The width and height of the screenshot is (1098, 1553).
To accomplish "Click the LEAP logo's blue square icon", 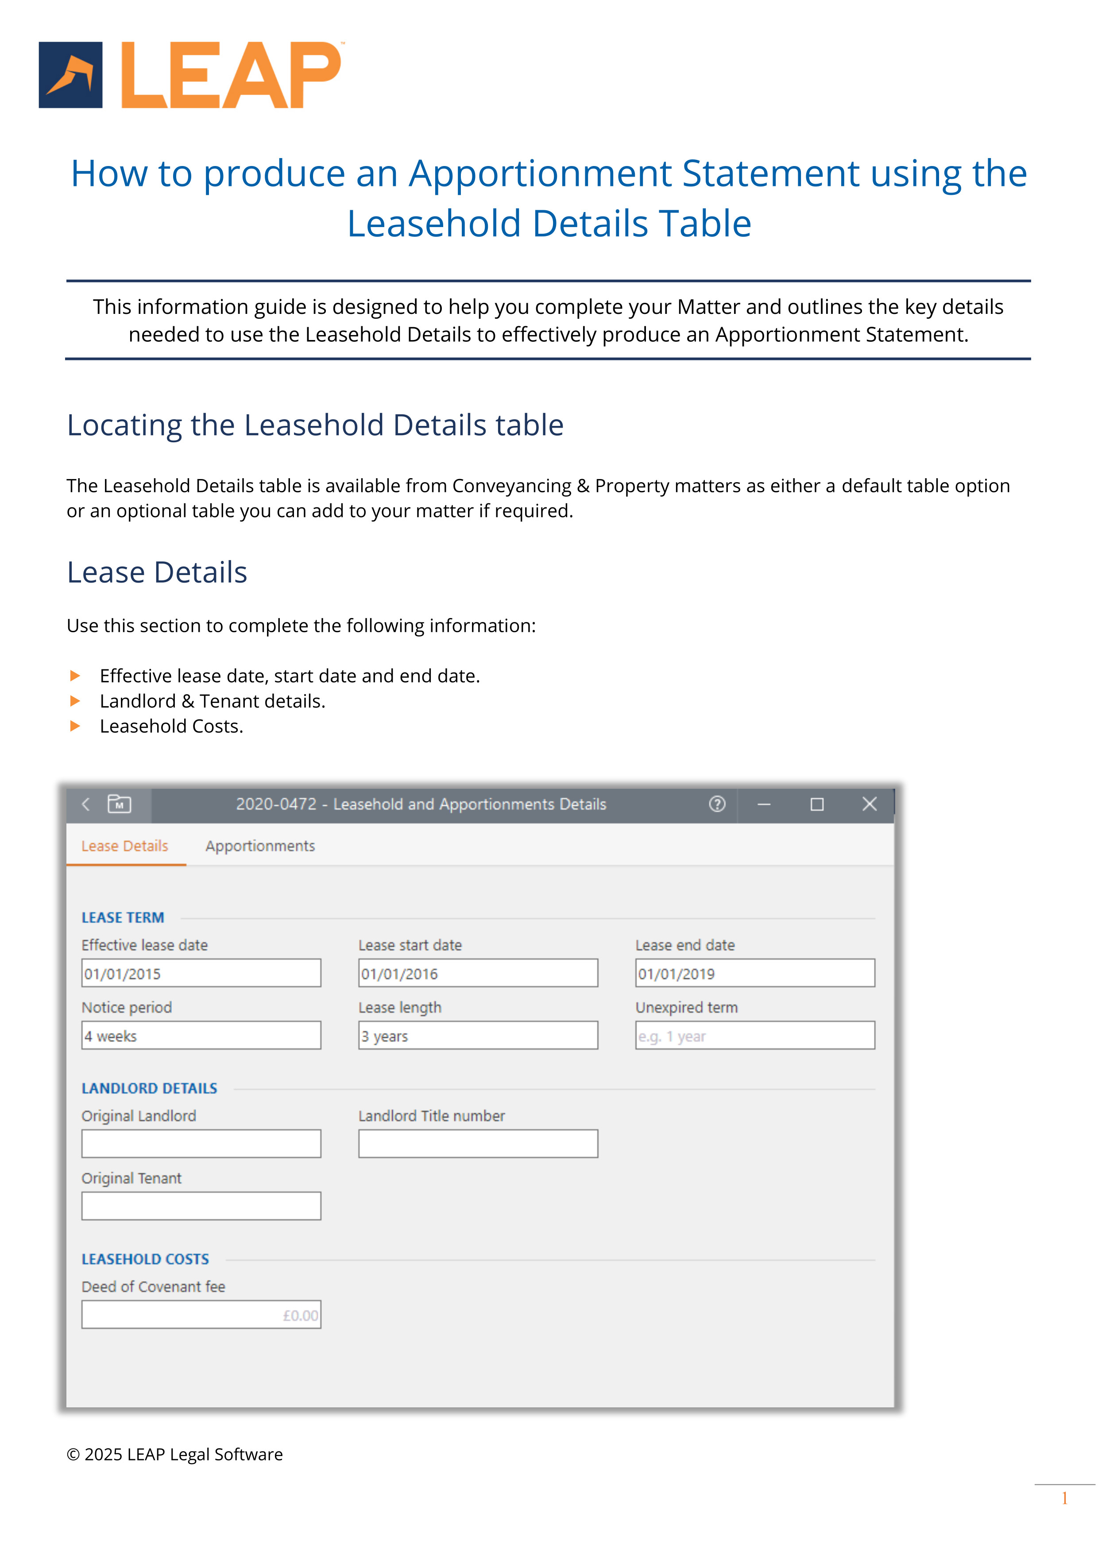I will (70, 75).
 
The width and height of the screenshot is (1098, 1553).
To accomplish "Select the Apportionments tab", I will (260, 846).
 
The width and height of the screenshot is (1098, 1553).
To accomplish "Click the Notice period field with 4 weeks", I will (201, 1035).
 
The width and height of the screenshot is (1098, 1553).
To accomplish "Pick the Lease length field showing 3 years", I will (478, 1035).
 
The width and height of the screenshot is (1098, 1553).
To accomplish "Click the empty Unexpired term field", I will (754, 1035).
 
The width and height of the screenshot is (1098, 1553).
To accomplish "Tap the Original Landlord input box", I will (201, 1143).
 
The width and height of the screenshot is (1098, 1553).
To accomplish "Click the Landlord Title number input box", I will (478, 1143).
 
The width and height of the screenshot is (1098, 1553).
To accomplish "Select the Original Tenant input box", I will (201, 1205).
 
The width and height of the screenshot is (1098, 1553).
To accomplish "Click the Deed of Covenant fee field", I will (201, 1314).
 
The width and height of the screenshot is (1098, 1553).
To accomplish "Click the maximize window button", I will (816, 804).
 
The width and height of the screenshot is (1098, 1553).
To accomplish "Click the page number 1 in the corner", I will (1064, 1498).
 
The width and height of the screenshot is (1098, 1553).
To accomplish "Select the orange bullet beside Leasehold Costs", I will (75, 726).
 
